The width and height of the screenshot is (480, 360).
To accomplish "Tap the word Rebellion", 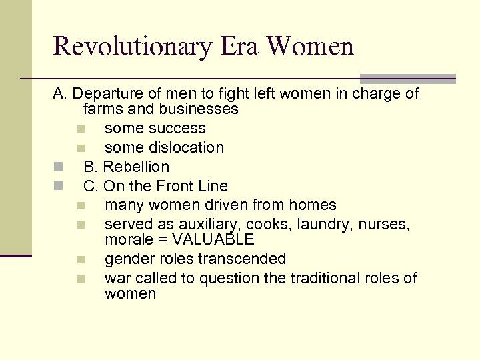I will (x=136, y=167).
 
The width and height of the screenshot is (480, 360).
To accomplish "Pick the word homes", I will (x=314, y=205).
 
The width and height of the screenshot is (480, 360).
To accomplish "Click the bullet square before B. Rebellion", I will (x=59, y=166).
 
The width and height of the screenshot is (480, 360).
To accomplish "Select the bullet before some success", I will (x=80, y=128).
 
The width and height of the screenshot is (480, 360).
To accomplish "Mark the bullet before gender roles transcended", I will (x=80, y=259).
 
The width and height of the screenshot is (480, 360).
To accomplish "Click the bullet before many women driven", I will (x=80, y=205).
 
